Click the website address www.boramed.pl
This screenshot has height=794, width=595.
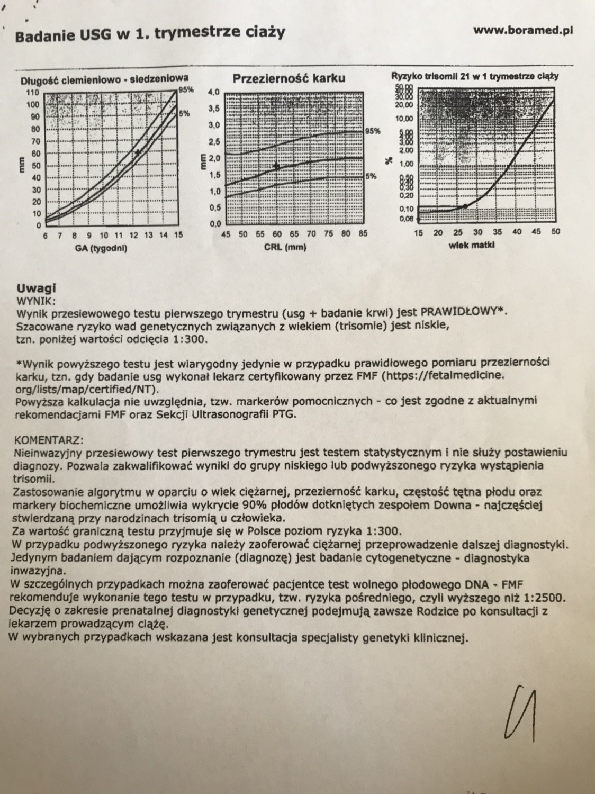coord(523,31)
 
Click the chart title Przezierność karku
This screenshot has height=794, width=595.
coord(289,78)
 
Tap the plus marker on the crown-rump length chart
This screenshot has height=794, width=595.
coord(138,152)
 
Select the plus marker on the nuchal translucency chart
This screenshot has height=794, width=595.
coord(276,166)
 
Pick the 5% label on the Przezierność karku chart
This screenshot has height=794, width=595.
coord(371,176)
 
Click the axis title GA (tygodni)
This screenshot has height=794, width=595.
coord(104,248)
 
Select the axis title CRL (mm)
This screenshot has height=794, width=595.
coord(286,247)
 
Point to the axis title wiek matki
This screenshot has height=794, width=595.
coord(472,245)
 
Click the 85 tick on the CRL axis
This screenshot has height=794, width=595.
coord(362,234)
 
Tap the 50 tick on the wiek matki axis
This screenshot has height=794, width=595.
coord(555,232)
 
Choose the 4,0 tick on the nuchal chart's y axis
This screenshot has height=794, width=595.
coord(213,92)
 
